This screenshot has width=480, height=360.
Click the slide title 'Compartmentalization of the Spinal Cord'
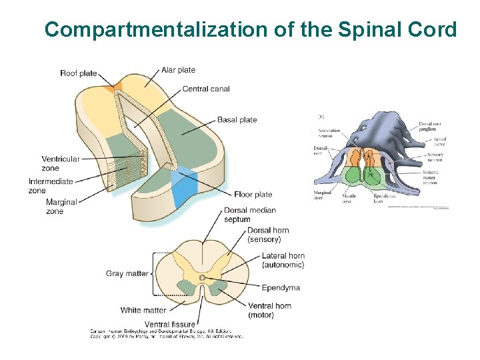[250, 29]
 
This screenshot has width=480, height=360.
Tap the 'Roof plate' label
[78, 73]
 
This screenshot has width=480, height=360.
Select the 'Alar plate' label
[178, 70]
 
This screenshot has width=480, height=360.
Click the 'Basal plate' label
[237, 120]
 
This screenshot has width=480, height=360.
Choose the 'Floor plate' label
[253, 195]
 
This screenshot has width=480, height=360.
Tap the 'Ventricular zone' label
[60, 163]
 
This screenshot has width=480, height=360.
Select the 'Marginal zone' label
[61, 207]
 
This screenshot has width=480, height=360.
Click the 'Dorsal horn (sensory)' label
[269, 235]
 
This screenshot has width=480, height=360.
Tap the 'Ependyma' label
[281, 288]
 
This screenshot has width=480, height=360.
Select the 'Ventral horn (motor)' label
[269, 310]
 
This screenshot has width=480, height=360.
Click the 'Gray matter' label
[127, 273]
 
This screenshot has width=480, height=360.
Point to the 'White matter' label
[143, 310]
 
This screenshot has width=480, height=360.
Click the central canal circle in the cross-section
[201, 277]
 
